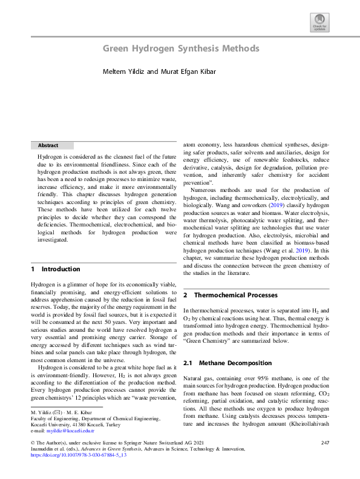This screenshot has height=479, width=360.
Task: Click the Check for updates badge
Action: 319,23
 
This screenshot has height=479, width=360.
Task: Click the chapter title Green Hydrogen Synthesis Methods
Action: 181,48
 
